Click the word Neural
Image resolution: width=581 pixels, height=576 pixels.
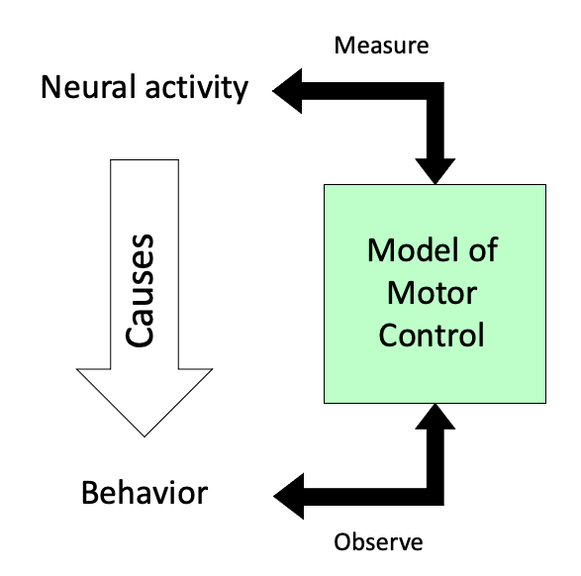tap(88, 87)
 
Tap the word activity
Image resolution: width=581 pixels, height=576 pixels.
tap(197, 88)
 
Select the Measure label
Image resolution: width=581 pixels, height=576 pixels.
tap(381, 46)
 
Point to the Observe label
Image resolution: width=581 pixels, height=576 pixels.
tap(378, 541)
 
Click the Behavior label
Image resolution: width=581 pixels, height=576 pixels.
tap(145, 493)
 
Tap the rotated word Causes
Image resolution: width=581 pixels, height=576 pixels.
tap(140, 291)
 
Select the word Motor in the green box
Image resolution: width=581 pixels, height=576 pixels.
tap(433, 293)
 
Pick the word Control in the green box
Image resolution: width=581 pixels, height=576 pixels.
tap(432, 335)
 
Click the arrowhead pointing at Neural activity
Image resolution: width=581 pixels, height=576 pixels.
tap(287, 91)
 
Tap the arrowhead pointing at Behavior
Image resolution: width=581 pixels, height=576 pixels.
tap(289, 497)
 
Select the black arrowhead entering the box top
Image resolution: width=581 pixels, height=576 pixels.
tap(436, 171)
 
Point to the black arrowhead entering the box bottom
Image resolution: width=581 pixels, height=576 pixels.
tap(436, 417)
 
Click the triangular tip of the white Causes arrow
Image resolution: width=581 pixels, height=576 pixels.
tap(145, 437)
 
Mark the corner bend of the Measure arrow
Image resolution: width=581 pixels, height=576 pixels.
tap(436, 91)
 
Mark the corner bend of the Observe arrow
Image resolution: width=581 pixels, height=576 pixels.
tap(436, 497)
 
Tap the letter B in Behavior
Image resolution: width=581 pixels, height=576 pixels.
tap(89, 493)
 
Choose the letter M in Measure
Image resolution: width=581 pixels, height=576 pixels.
tap(343, 46)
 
